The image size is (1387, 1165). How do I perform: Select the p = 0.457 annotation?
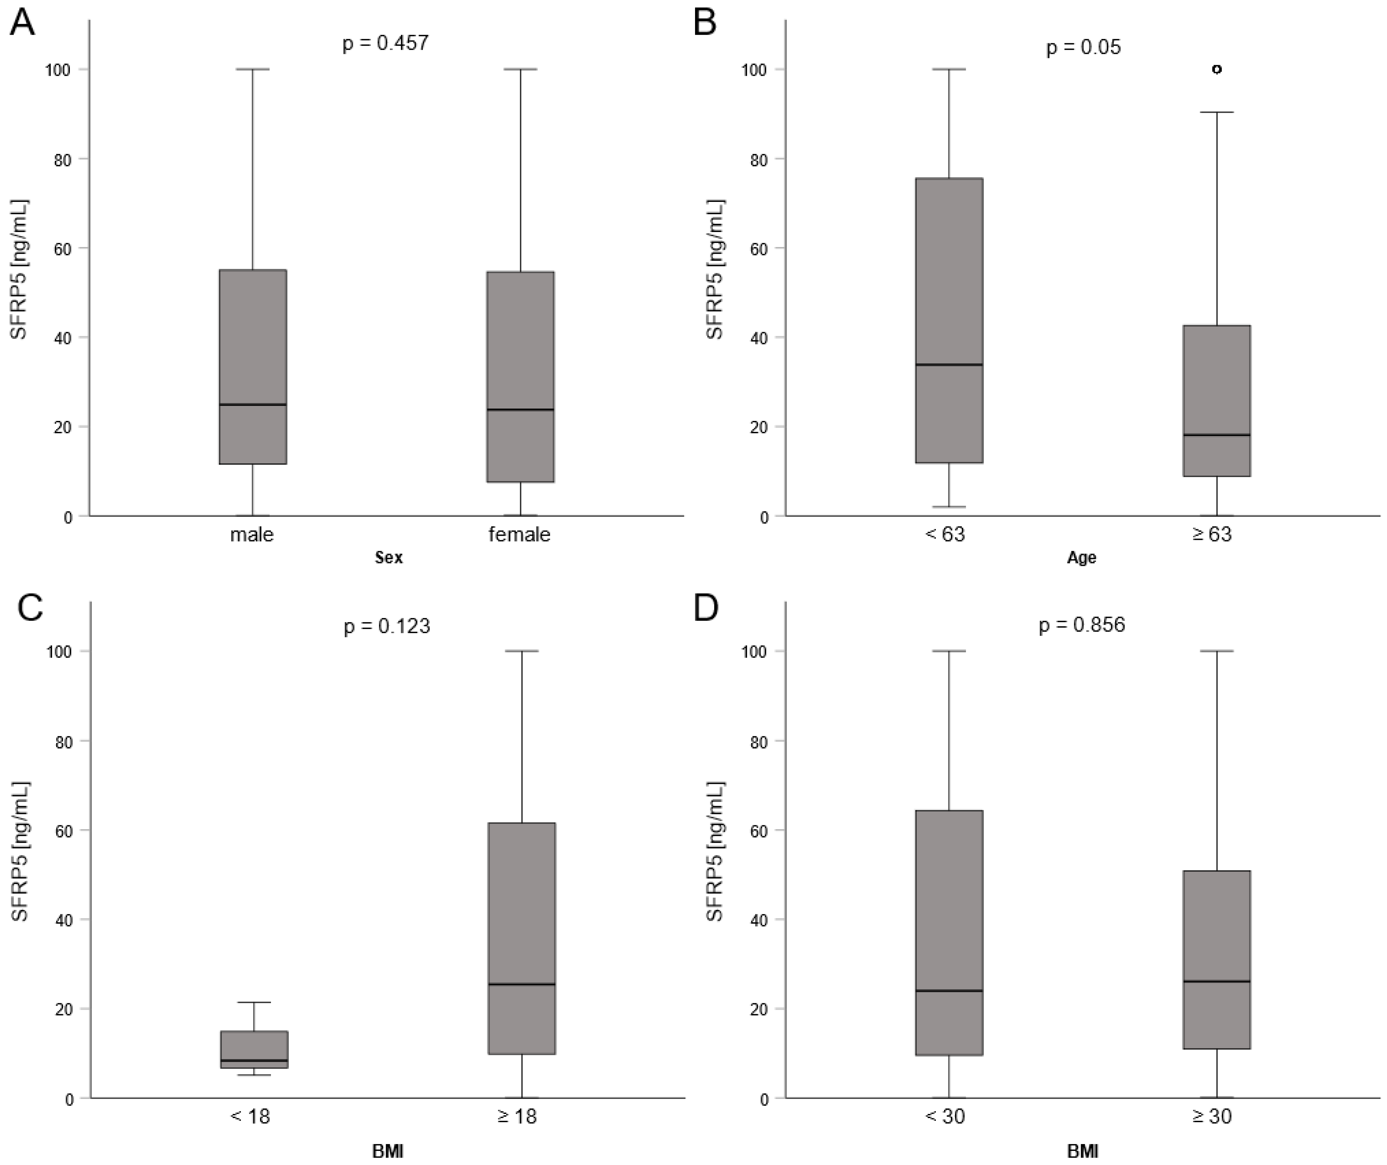(x=386, y=44)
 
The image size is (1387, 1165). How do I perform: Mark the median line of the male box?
(x=253, y=404)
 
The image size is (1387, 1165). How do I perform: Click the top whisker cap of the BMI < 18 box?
(x=253, y=1003)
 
